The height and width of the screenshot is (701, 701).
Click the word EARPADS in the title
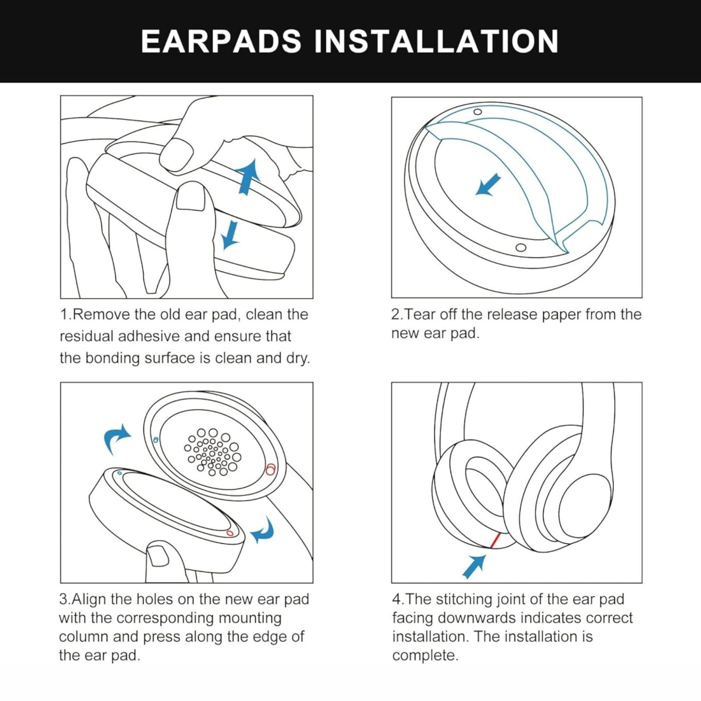(x=221, y=41)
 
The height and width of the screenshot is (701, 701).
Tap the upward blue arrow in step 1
(x=248, y=176)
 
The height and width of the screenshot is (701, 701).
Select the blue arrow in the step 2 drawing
(x=488, y=185)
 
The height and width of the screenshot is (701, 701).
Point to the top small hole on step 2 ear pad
(x=478, y=112)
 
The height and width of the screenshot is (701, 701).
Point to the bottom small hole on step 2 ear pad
(x=521, y=247)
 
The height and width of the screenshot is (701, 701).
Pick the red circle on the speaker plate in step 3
(x=270, y=469)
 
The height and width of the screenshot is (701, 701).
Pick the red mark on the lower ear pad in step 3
(x=230, y=533)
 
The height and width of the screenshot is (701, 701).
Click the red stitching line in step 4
(x=495, y=540)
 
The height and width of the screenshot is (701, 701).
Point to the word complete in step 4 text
(x=425, y=655)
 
